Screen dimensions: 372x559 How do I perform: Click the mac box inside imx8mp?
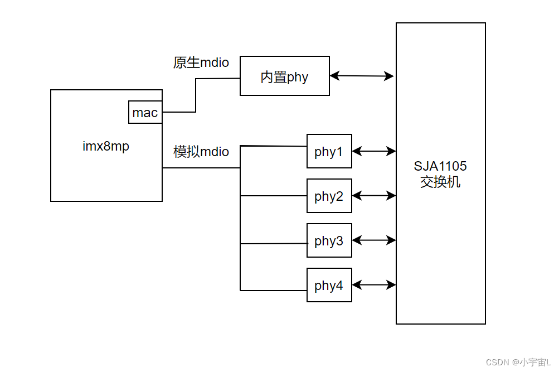[145, 112]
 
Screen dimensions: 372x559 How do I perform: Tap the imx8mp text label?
[106, 147]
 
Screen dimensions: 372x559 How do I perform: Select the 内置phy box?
[284, 76]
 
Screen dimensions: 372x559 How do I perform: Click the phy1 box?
[329, 151]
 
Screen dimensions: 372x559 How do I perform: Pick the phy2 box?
[329, 196]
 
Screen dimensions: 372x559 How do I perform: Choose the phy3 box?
[329, 240]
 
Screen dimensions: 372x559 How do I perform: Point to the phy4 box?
[329, 285]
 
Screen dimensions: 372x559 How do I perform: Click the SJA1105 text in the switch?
[440, 166]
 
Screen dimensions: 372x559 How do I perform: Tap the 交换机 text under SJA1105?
[440, 182]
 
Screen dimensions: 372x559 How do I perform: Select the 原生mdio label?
[201, 62]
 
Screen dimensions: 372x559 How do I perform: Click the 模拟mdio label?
[201, 152]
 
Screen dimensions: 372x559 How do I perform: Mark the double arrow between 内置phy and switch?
[362, 76]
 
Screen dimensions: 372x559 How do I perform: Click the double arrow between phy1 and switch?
[374, 151]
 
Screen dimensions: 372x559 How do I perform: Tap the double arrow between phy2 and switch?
[374, 196]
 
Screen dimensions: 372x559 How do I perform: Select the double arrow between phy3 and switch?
[374, 240]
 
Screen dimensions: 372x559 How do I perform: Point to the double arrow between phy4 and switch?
[374, 285]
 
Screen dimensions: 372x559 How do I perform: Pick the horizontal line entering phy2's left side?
[273, 196]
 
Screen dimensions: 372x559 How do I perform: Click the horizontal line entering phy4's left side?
[273, 290]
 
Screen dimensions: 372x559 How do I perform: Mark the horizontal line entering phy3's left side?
[273, 244]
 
